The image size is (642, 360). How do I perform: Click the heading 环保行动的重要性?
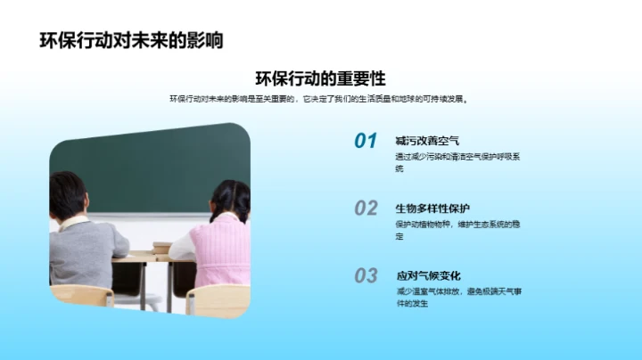click(320, 78)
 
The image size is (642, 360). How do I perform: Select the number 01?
click(366, 141)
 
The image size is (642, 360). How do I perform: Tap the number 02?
click(366, 209)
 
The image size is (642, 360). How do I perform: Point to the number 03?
click(366, 276)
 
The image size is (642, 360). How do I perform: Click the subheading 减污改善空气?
click(427, 141)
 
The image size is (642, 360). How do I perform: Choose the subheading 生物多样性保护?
click(432, 209)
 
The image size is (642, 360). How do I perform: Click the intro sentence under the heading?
click(318, 99)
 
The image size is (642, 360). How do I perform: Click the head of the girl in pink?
click(229, 200)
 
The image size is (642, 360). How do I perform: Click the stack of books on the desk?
click(161, 247)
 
